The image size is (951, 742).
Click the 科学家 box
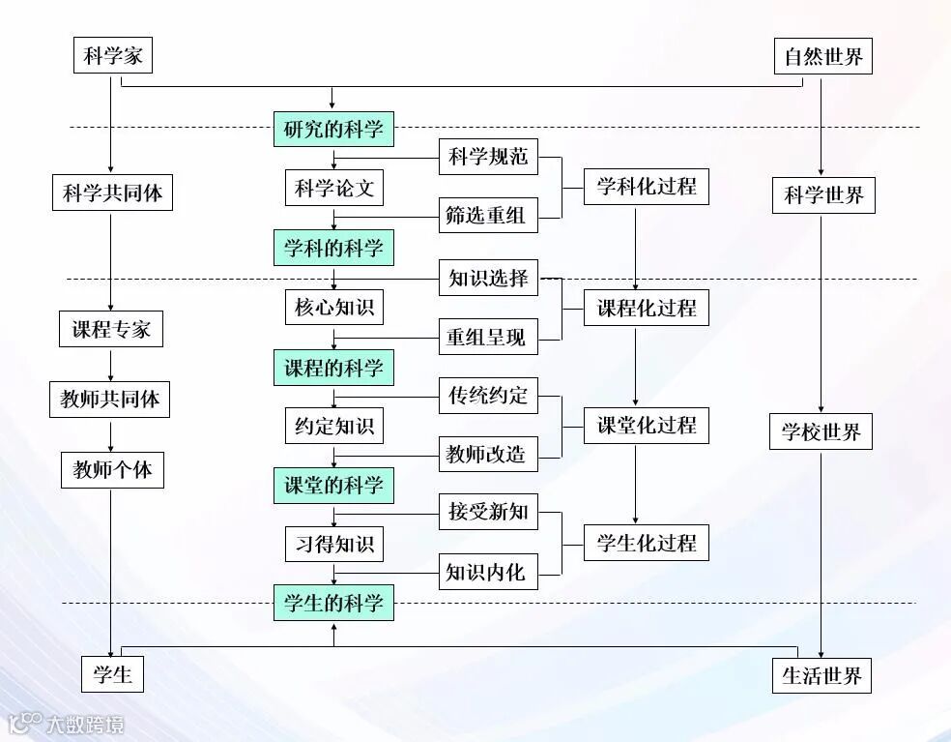(x=113, y=55)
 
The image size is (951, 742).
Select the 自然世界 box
(x=822, y=57)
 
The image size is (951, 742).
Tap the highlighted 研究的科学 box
(x=333, y=129)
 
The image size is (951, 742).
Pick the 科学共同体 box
(x=112, y=193)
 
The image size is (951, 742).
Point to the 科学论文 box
(x=333, y=188)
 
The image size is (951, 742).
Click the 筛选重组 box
(x=486, y=216)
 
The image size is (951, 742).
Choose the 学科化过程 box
(x=646, y=186)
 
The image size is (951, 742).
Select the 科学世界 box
(x=822, y=195)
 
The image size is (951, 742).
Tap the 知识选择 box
(x=488, y=279)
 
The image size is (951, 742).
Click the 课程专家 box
(x=111, y=329)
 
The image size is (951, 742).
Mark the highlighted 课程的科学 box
(x=333, y=368)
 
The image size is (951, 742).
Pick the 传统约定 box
(x=488, y=396)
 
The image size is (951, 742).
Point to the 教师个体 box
(x=112, y=471)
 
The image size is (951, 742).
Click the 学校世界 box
(x=821, y=431)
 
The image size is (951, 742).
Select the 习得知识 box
(x=333, y=544)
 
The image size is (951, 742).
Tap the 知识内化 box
(x=486, y=573)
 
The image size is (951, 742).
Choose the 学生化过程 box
(x=646, y=543)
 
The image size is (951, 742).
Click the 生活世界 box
(x=821, y=675)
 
